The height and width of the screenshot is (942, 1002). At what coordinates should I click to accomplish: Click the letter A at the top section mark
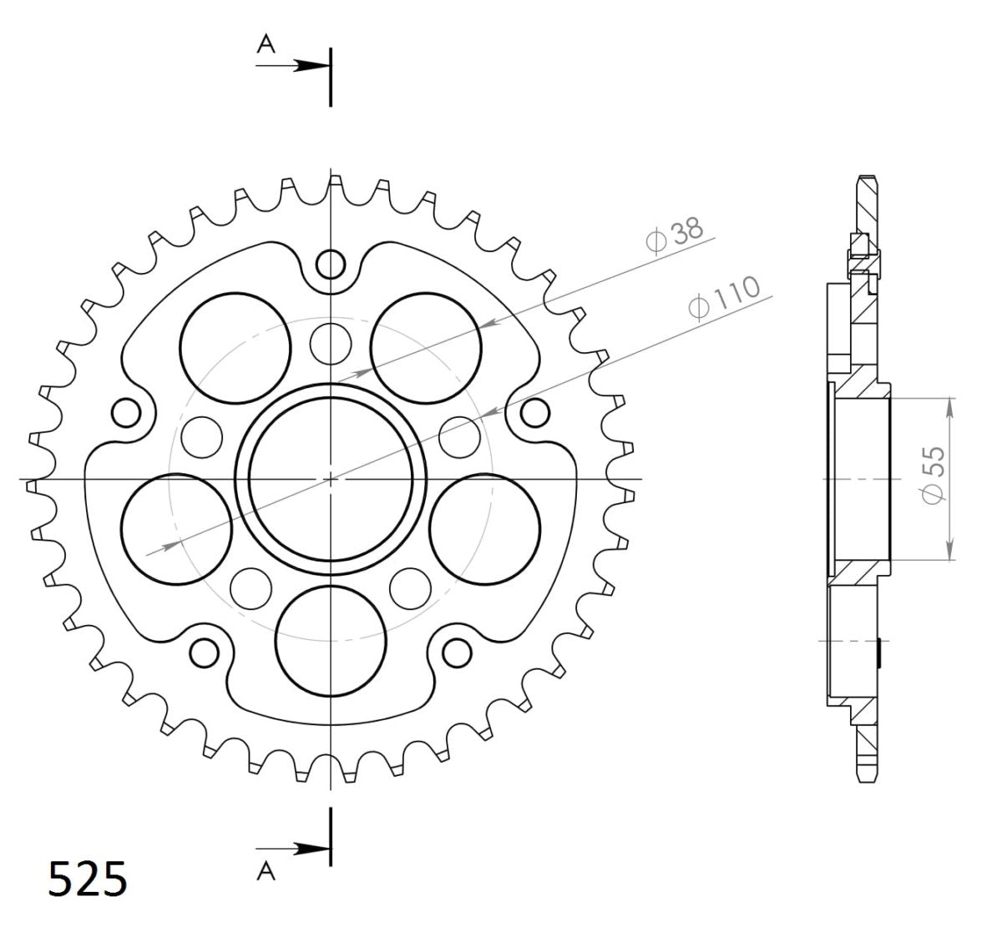coord(266,46)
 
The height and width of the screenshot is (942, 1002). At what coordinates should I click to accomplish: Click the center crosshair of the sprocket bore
coord(331,479)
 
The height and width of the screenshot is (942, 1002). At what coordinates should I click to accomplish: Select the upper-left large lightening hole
coord(236,347)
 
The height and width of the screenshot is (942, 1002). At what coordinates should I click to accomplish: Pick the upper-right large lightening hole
coord(427,347)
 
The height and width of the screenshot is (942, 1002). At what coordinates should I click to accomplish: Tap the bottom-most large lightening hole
coord(331,637)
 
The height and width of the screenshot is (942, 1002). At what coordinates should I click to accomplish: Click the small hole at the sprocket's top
coord(331,265)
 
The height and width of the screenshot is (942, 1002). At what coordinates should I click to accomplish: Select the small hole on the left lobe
coord(127,411)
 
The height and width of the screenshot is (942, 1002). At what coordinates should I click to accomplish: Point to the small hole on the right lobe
coord(535,411)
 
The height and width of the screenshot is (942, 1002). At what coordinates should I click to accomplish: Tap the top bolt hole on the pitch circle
coord(331,341)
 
